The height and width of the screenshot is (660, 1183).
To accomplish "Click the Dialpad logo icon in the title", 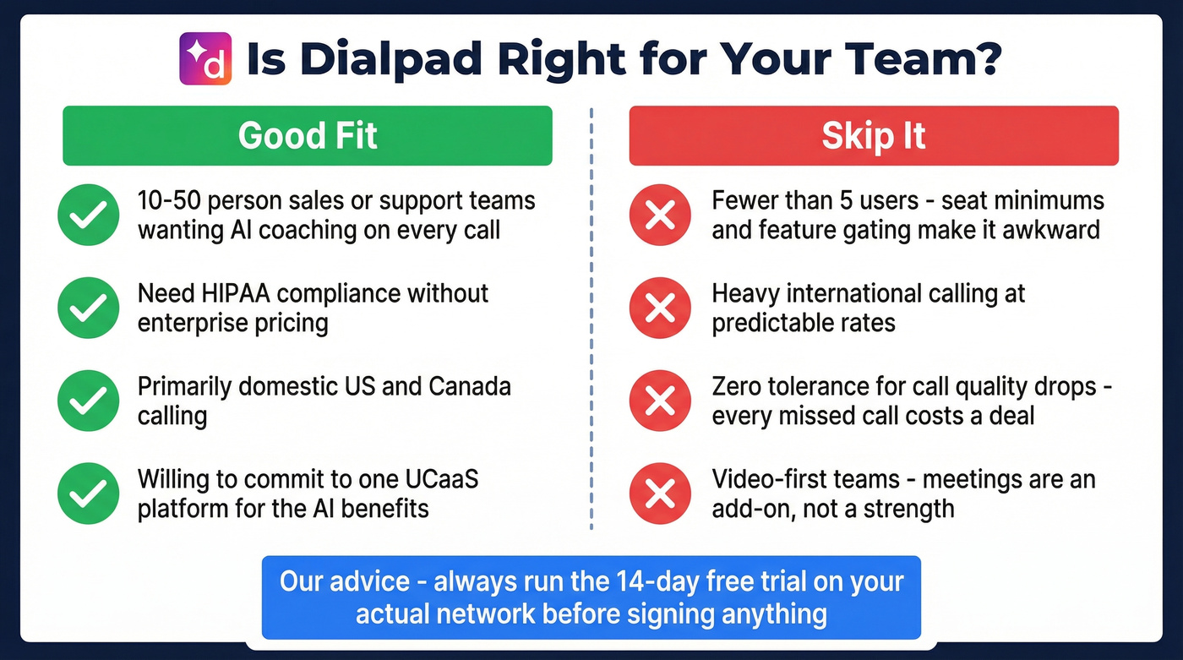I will [x=204, y=58].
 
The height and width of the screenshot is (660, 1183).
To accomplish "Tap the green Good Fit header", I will [x=308, y=135].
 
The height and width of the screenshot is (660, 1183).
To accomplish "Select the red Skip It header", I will [x=874, y=135].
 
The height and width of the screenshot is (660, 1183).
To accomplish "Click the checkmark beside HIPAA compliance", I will [x=89, y=308].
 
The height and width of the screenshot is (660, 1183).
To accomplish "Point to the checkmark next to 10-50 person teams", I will [x=89, y=215].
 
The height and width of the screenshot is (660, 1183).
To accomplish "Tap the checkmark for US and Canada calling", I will [x=89, y=401].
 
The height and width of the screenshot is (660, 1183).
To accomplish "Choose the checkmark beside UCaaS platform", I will [x=89, y=494].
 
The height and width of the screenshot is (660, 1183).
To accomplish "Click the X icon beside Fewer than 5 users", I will [x=660, y=215].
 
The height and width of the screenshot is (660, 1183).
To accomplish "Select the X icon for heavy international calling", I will [x=660, y=308].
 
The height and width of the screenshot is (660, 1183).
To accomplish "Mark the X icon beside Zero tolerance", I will [x=660, y=401].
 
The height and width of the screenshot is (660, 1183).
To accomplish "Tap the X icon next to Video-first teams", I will [x=660, y=494].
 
